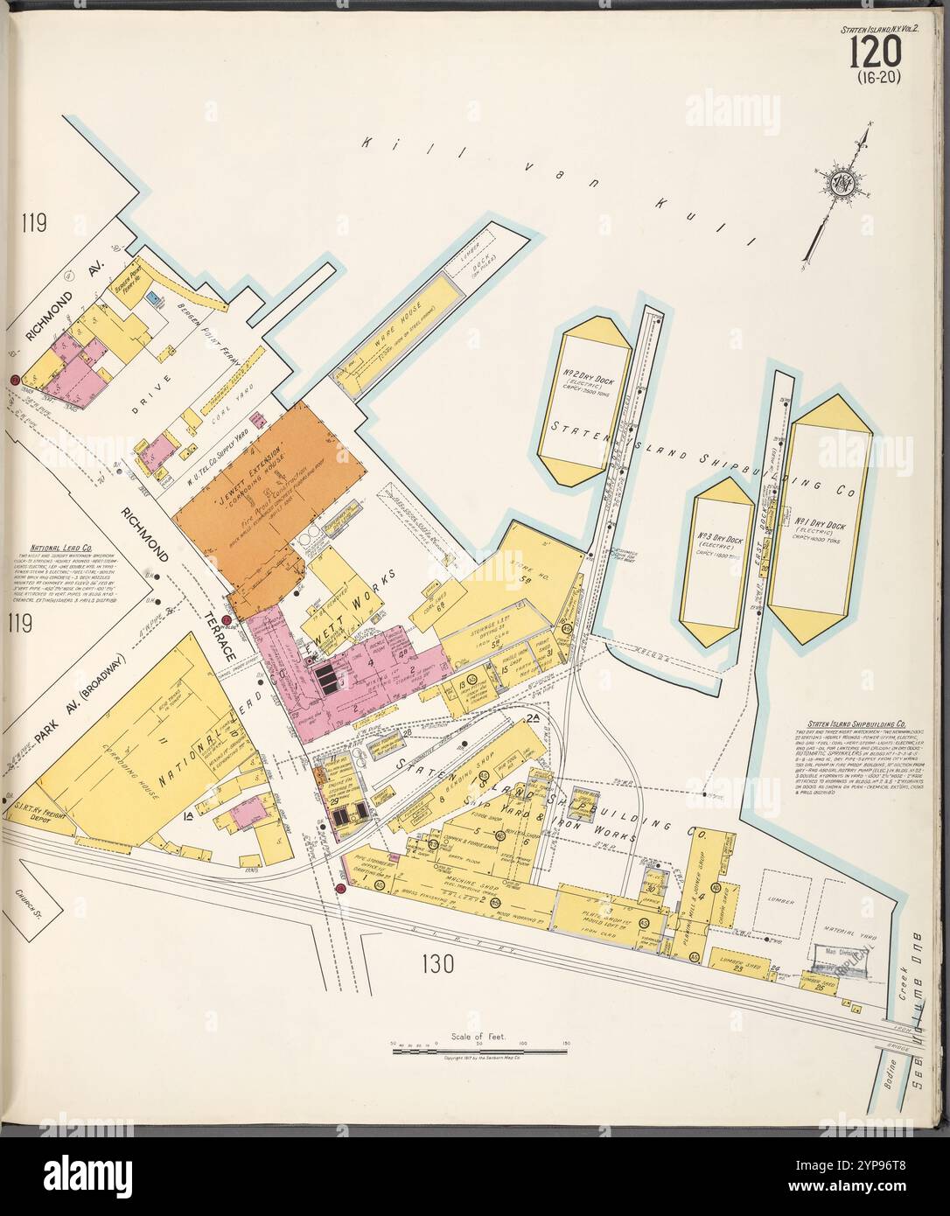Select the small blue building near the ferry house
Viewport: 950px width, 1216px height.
[x=155, y=299]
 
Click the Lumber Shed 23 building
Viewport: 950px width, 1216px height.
[x=731, y=959]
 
